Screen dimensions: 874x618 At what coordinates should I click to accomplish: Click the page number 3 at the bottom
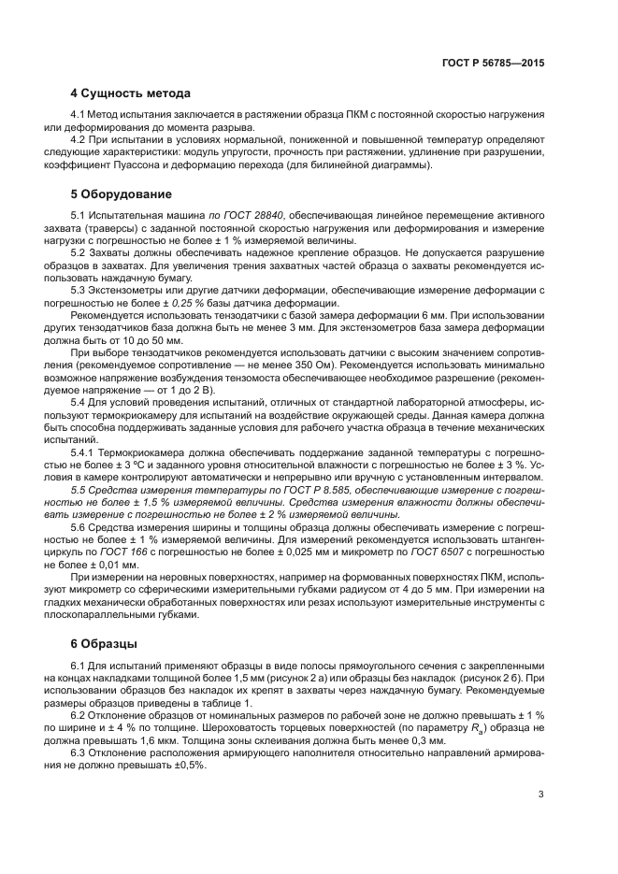pyautogui.click(x=541, y=795)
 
